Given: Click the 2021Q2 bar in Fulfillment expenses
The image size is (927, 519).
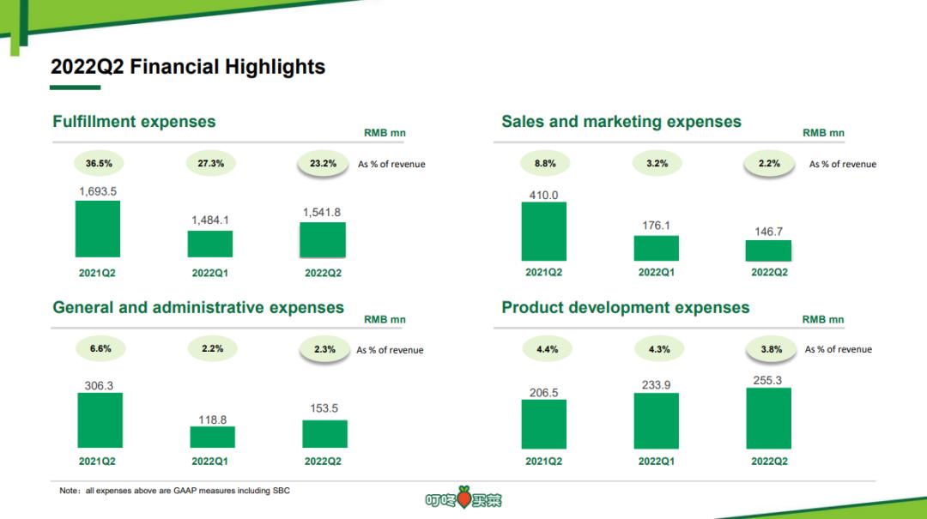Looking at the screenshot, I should pos(98,229).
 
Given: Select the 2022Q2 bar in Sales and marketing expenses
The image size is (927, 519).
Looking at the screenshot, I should pos(769,250).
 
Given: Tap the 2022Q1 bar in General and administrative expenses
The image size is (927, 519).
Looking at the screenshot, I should pos(212,437).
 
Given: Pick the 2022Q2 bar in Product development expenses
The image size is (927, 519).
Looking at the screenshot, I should pos(769,418).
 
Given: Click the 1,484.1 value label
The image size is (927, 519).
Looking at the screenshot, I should pos(210,220).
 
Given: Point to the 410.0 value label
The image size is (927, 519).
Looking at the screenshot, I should pos(543,196).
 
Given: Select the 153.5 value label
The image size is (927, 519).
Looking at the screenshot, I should pos(324,408).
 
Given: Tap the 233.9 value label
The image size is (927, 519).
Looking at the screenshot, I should pos(657,385).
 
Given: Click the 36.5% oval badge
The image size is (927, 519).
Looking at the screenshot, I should pos(99,163).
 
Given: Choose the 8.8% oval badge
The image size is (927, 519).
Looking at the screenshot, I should pos(544,163).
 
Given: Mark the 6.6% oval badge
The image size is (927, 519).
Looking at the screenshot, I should pos(100,349).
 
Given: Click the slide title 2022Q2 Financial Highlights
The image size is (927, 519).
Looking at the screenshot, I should pos(188,67).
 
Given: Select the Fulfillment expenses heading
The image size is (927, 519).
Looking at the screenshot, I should pos(134,122).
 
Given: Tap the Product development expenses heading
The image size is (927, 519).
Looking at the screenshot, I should pos(626,308).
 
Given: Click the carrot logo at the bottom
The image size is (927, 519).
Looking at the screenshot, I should pos(463,498).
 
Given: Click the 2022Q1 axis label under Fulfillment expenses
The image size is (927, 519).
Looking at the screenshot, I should pos(210,273).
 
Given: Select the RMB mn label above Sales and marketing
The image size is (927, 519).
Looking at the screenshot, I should pos(823,133).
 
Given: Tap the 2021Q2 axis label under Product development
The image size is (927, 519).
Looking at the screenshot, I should pos(544,462).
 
